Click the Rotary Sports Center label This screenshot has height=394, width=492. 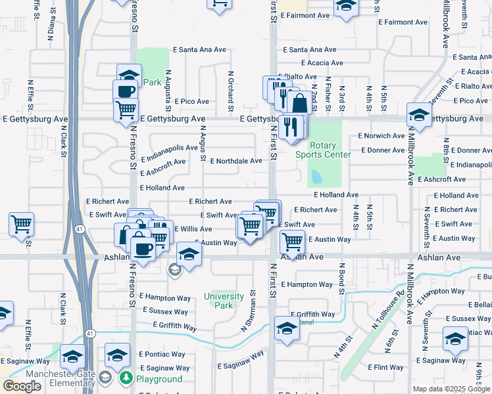[x=322, y=150]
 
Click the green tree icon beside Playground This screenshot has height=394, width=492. [x=125, y=378]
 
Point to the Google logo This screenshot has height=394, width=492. [x=22, y=386]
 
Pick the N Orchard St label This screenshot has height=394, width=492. [x=231, y=88]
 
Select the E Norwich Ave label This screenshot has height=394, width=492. [x=381, y=136]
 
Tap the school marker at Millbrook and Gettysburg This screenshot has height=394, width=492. [x=419, y=115]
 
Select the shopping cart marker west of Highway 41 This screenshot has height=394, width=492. [x=21, y=224]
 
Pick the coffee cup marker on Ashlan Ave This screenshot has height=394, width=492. [x=143, y=249]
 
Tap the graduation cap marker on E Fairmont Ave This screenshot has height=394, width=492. [x=345, y=7]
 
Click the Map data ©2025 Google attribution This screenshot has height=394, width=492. [x=451, y=389]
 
